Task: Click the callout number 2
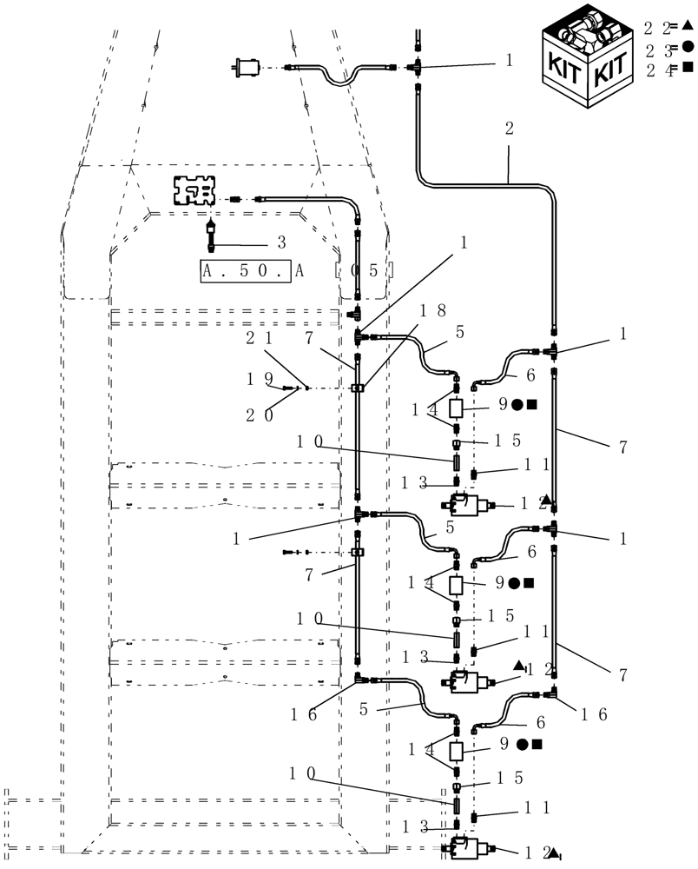509,129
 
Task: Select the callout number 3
281,241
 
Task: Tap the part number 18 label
434,310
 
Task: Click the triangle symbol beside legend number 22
686,26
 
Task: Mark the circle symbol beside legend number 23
687,47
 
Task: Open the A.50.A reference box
253,270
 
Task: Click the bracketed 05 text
365,270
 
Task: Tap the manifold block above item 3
194,191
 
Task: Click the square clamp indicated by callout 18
357,388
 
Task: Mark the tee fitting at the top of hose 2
417,64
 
